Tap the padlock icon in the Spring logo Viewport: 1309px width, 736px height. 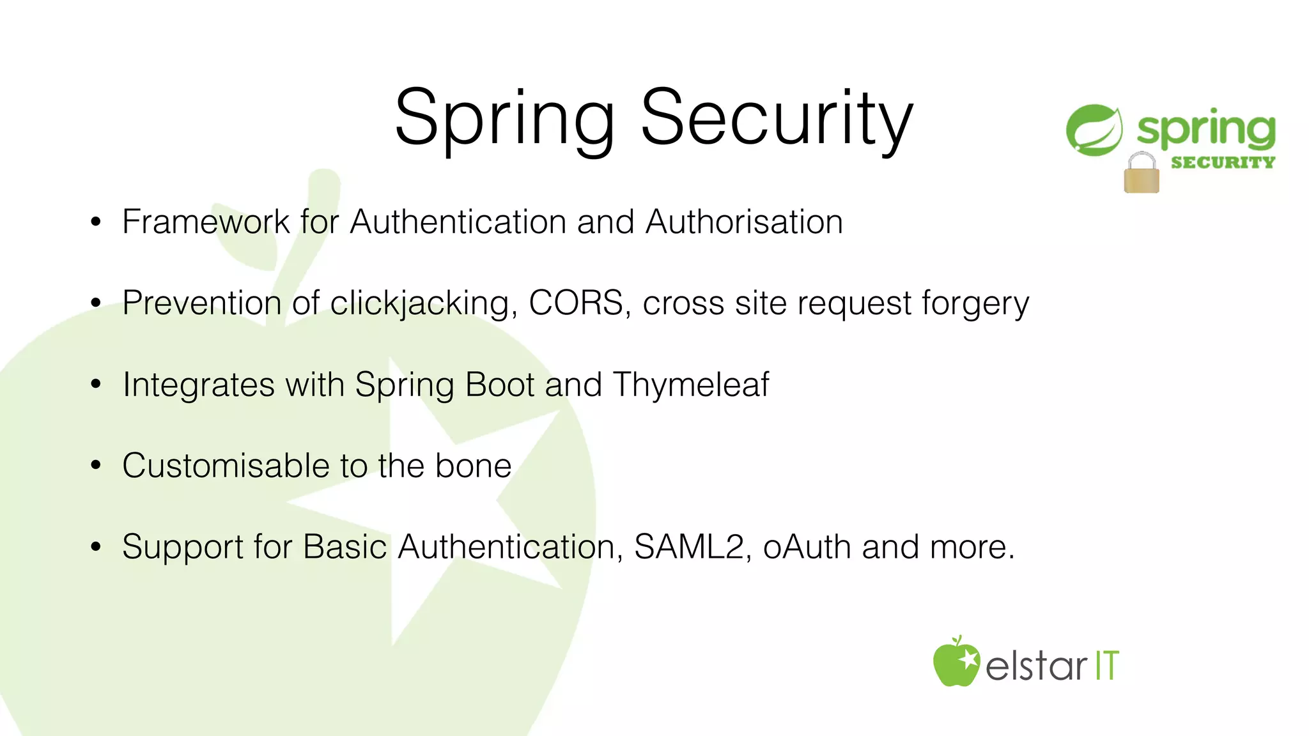[x=1141, y=174]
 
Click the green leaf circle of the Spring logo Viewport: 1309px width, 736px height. [x=1094, y=130]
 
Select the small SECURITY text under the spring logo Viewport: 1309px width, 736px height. [x=1222, y=162]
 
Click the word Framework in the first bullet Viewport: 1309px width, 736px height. [x=206, y=222]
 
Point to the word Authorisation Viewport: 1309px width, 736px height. [x=744, y=222]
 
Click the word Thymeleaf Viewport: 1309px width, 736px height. [x=691, y=384]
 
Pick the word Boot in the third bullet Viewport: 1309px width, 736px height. [x=500, y=384]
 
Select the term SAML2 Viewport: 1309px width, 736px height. [x=689, y=546]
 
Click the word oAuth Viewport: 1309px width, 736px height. [x=807, y=546]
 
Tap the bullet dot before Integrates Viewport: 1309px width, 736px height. [x=96, y=384]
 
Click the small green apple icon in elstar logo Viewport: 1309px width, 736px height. [x=955, y=663]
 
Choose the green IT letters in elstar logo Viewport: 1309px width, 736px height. [x=1106, y=666]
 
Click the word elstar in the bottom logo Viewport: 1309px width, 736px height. [x=1035, y=666]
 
